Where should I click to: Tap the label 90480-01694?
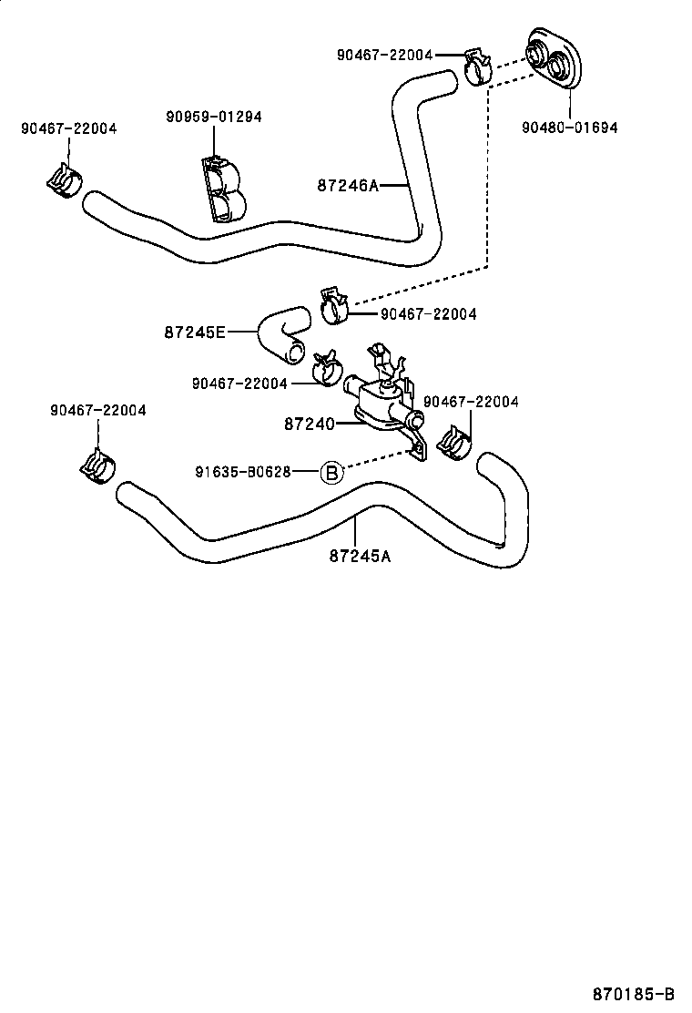(569, 128)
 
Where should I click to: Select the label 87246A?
(347, 185)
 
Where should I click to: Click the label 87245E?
(195, 333)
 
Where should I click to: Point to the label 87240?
(309, 424)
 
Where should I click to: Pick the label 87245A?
(360, 556)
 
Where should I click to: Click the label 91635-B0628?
(242, 472)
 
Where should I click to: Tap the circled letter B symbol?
(332, 472)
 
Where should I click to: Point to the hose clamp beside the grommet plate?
(477, 66)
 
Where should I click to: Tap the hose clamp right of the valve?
(453, 444)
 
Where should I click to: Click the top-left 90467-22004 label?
(68, 129)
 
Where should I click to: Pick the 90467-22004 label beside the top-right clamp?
(384, 55)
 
